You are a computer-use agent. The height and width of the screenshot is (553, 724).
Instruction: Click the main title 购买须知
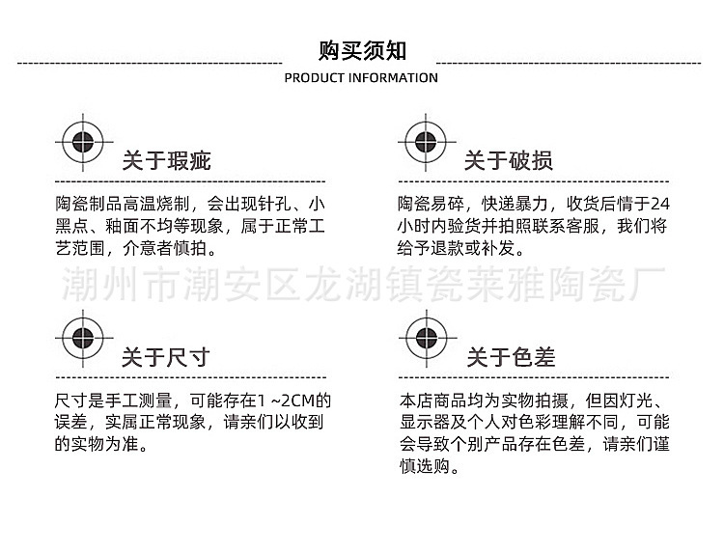(x=362, y=50)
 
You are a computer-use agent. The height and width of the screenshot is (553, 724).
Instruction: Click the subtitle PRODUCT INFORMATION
(x=361, y=78)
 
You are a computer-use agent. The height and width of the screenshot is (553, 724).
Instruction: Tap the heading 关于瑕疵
(x=167, y=160)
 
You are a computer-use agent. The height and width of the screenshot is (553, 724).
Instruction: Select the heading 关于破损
(x=509, y=160)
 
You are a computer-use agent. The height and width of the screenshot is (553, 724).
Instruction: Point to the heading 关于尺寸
(x=166, y=357)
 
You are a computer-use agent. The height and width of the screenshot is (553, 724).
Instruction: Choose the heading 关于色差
(x=511, y=357)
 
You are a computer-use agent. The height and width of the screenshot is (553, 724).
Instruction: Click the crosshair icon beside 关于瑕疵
(x=83, y=142)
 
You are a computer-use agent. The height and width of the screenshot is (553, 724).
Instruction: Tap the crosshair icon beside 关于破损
(x=426, y=142)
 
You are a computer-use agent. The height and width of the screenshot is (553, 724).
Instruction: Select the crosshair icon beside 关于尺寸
(x=83, y=339)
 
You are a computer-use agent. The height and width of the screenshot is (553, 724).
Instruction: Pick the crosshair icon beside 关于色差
(x=427, y=339)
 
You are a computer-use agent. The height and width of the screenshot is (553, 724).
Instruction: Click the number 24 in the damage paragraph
(x=660, y=204)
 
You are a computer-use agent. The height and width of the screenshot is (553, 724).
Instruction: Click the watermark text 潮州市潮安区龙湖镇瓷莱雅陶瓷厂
(x=364, y=283)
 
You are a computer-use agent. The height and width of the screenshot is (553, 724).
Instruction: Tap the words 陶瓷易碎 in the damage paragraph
(x=431, y=204)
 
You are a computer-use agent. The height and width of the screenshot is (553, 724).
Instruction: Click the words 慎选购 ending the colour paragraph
(x=425, y=466)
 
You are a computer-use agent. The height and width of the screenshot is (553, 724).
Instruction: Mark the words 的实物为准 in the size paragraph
(x=97, y=444)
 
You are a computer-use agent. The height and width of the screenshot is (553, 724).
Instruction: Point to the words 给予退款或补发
(x=457, y=248)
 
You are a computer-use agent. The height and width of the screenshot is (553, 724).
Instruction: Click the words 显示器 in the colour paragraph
(x=425, y=422)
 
